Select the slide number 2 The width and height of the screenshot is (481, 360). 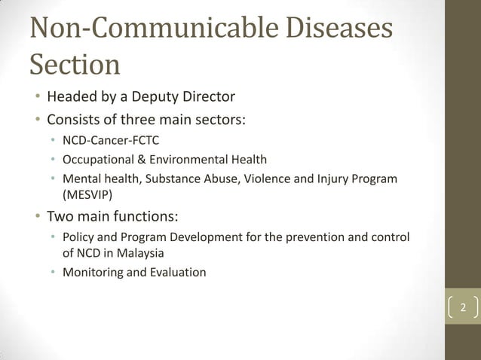[x=464, y=308]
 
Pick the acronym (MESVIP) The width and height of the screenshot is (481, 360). [x=85, y=194]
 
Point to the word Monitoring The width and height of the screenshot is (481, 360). [x=91, y=272]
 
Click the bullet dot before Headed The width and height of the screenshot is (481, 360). [x=35, y=98]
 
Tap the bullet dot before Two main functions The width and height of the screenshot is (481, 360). [x=35, y=217]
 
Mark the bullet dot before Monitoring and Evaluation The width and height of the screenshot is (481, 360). [x=53, y=273]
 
